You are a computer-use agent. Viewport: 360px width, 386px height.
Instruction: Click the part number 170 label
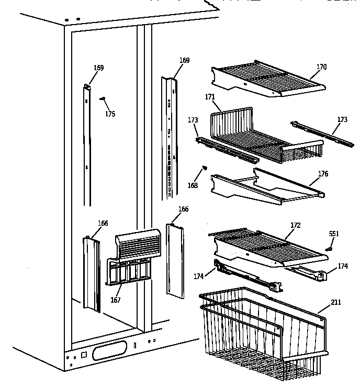coord(321,67)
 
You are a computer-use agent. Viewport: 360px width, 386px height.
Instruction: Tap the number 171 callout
coord(210,97)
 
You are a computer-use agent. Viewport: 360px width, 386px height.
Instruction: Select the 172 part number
coord(296,225)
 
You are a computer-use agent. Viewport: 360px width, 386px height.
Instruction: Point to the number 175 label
coord(110,114)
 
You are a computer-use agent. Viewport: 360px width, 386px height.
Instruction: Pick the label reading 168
coord(193,185)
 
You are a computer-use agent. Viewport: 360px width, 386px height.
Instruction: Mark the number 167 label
coord(116,300)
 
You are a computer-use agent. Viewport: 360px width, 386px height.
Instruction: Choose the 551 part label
coord(333,234)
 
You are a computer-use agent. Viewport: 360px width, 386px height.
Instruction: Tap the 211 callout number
coord(335,302)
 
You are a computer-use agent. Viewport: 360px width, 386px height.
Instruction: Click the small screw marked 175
coord(103,98)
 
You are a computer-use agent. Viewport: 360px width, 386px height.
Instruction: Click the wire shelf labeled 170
coord(267,79)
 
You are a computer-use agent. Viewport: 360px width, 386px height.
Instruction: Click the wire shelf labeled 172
coord(267,246)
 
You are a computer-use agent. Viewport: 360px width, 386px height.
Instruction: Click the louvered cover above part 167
coord(137,245)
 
